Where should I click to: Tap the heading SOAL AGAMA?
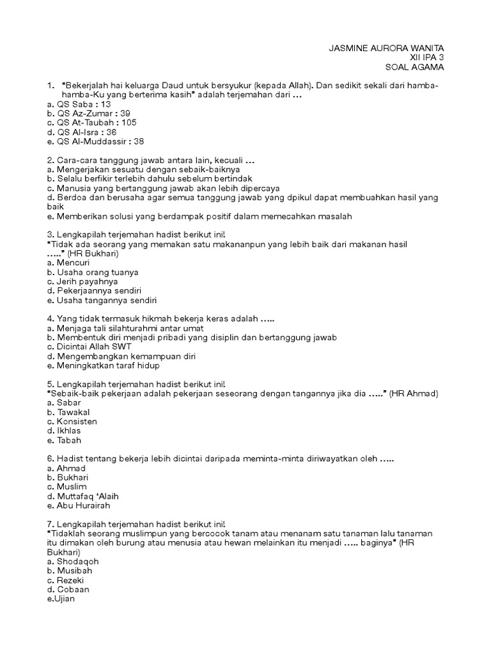point(413,67)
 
